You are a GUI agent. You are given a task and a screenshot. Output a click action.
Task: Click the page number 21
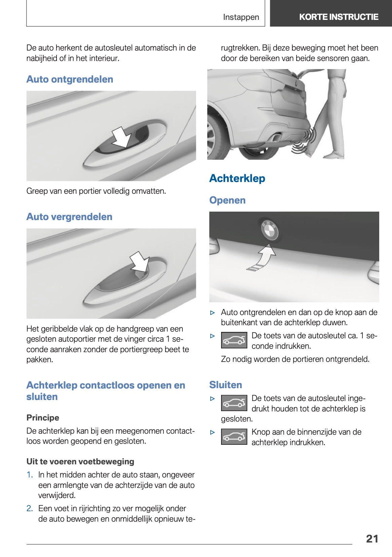[x=372, y=538]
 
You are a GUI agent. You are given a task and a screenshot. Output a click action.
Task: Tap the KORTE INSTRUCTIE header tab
[x=338, y=17]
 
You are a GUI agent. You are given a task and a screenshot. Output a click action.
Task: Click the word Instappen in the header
[x=241, y=17]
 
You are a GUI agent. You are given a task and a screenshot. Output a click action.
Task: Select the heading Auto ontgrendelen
[x=70, y=79]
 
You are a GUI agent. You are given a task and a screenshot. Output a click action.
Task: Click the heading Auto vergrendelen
[x=69, y=217]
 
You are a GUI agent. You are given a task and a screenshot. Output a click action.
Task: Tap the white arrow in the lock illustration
[x=140, y=261]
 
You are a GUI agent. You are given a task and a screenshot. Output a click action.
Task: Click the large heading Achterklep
[x=237, y=178]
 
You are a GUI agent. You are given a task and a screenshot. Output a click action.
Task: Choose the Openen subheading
[x=227, y=200]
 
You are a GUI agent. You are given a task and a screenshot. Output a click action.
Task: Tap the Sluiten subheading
[x=225, y=385]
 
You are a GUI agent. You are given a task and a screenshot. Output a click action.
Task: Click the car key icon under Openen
[x=234, y=340]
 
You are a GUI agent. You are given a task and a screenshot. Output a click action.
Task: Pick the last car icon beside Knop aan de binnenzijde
[x=234, y=437]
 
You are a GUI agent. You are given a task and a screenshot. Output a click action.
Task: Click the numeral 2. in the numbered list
[x=30, y=508]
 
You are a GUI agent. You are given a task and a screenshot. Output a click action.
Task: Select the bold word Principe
[x=43, y=418]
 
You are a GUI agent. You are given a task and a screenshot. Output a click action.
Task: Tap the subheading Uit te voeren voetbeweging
[x=80, y=462]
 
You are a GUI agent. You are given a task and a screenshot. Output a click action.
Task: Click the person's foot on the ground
[x=333, y=156]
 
